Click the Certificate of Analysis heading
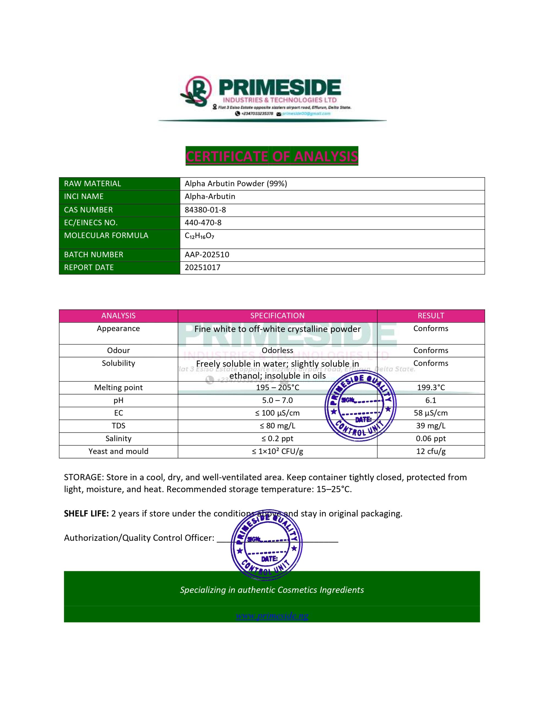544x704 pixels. click(x=271, y=156)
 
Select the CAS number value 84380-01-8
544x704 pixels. click(x=205, y=210)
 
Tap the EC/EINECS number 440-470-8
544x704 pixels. click(x=203, y=223)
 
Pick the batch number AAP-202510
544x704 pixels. click(x=207, y=255)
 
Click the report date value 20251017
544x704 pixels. click(x=202, y=268)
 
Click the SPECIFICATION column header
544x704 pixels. click(x=277, y=316)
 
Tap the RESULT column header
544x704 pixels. click(x=430, y=316)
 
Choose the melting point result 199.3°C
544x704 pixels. click(x=430, y=387)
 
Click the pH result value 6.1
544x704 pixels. click(x=430, y=400)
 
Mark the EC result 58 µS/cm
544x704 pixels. click(x=430, y=413)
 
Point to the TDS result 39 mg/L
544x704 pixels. click(x=430, y=426)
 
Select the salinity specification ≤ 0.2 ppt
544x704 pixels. click(x=277, y=439)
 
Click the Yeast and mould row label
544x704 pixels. click(x=118, y=451)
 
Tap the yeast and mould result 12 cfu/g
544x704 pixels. click(x=430, y=451)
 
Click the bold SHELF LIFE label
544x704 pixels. click(x=86, y=513)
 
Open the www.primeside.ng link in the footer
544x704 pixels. click(x=272, y=616)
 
